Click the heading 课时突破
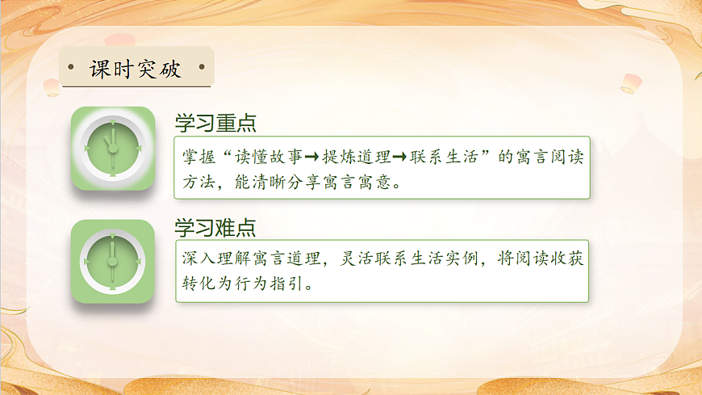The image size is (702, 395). pos(136,69)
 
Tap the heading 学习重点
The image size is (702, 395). pos(215,123)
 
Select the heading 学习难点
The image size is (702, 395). pos(215,228)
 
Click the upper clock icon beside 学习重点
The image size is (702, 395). pos(113,149)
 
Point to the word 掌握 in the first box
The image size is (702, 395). pos(198,157)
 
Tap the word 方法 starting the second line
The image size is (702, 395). pos(198,183)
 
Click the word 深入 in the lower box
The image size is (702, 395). pos(198,259)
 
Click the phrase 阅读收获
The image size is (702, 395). pos(555,259)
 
